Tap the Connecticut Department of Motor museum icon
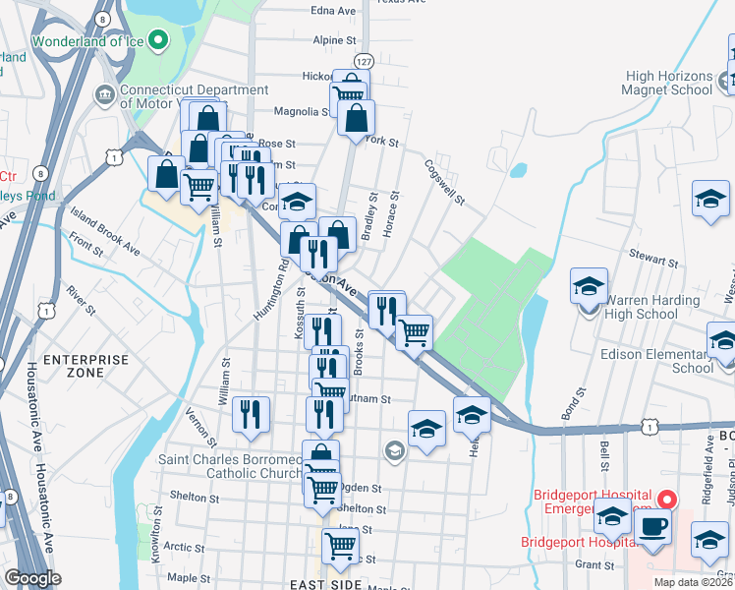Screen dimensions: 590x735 [103, 94]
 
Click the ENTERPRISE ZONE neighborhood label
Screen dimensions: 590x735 [86, 366]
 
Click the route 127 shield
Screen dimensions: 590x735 [364, 61]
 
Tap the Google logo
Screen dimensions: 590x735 [32, 577]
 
